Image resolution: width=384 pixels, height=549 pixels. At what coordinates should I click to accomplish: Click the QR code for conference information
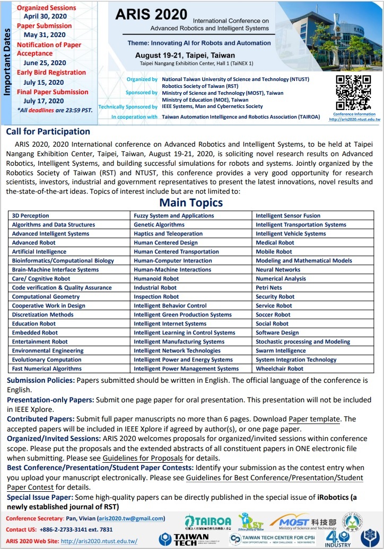coord(353,93)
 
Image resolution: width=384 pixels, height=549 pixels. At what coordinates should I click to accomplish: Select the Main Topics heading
coord(191,203)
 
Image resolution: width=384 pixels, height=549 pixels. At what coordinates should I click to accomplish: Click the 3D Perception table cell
coord(31,216)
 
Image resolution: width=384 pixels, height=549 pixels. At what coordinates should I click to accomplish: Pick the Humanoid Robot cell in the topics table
coord(156,279)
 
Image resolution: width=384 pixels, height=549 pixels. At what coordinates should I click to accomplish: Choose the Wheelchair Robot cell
coord(280,369)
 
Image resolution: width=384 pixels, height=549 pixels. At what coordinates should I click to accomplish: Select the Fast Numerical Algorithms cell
coord(47,369)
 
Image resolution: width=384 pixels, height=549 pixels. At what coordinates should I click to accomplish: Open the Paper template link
coord(314,419)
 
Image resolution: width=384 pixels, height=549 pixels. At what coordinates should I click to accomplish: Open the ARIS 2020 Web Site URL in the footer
coord(99,541)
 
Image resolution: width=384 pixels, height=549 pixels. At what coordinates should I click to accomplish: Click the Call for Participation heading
coord(48,132)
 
